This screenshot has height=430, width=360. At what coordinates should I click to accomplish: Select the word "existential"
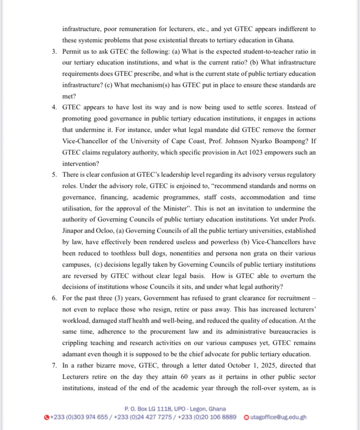171,41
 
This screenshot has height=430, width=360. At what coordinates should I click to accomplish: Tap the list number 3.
54,52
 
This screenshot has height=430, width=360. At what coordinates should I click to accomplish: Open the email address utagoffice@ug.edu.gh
278,417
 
